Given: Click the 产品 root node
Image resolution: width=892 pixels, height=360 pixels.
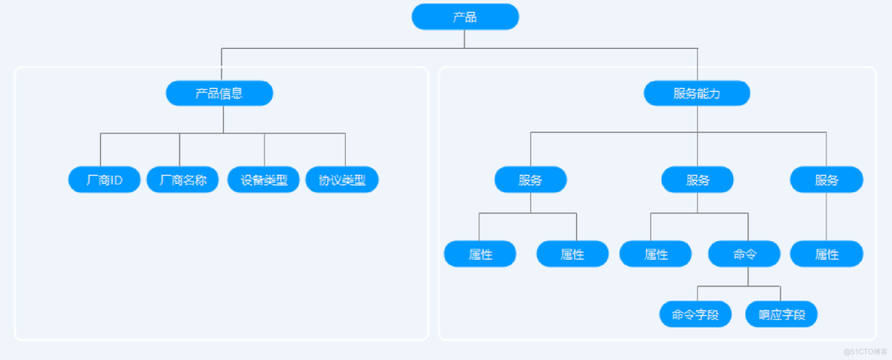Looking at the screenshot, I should click(465, 17).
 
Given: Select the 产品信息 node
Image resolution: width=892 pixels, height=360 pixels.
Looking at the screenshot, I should click(219, 93).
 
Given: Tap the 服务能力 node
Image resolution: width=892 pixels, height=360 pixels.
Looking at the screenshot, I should click(697, 93).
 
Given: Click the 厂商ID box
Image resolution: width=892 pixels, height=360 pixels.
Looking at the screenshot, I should click(104, 179).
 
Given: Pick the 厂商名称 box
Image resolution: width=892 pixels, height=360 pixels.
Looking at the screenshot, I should click(182, 179).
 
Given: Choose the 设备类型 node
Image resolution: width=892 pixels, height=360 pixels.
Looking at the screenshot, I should click(264, 179).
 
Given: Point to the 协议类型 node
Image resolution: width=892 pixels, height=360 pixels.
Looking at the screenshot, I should click(342, 179).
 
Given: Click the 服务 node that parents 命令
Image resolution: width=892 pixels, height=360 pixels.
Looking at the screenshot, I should click(697, 179).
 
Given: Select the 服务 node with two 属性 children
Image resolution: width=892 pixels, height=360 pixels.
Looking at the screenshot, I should click(530, 179).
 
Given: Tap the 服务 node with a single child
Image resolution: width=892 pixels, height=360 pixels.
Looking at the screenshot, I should click(826, 179).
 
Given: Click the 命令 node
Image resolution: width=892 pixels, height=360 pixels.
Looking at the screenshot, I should click(744, 254).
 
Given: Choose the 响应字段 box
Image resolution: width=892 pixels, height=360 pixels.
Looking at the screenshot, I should click(781, 314).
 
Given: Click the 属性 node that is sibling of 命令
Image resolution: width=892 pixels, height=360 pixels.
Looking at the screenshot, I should click(655, 254).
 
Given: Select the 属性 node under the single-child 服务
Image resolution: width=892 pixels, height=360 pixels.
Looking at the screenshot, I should click(826, 254).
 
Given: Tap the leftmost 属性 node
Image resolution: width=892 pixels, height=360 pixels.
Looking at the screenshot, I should click(480, 254).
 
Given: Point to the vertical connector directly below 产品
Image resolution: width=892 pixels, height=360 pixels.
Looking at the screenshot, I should click(465, 39).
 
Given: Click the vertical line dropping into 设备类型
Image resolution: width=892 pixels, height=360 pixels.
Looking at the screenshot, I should click(264, 150).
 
